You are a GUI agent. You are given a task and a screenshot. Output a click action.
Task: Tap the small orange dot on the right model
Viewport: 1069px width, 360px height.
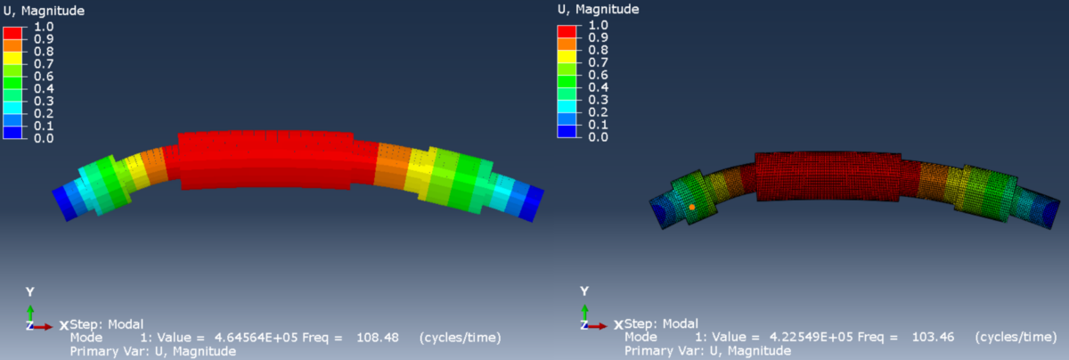692,207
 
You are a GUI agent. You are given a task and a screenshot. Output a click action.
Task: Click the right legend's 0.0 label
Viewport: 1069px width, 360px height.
599,137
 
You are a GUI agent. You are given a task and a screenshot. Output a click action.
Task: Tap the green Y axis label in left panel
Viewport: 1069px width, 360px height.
30,292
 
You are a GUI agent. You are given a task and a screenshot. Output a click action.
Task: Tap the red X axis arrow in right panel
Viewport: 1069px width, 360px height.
599,326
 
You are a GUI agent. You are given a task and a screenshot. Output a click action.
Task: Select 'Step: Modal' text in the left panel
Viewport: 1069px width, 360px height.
107,323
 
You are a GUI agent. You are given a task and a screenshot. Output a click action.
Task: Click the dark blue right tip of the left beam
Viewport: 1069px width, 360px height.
531,201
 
